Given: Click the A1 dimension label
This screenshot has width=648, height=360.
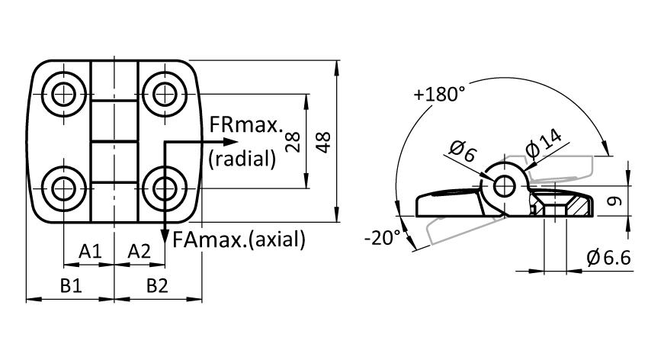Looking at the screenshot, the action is click(x=90, y=251).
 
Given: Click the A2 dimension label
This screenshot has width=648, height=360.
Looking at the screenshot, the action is click(x=140, y=251).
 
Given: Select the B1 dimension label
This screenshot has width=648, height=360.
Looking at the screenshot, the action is click(x=71, y=285).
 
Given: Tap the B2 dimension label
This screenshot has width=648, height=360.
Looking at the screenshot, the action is click(x=158, y=285).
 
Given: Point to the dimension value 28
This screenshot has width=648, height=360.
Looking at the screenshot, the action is click(x=293, y=142).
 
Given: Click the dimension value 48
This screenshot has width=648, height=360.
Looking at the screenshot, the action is click(x=323, y=142).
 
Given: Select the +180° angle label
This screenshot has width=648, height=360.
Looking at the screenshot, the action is click(x=439, y=95).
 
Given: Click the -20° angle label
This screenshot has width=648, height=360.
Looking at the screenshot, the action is click(x=383, y=238).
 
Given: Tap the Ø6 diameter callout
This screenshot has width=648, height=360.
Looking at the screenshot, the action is click(x=463, y=151).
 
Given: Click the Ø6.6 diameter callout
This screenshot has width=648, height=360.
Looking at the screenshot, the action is click(x=609, y=258).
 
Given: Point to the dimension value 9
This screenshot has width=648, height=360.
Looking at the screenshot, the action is click(x=615, y=201).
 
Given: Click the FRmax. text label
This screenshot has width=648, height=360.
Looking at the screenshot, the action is click(x=246, y=124).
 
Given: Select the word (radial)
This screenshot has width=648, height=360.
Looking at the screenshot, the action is click(x=242, y=159).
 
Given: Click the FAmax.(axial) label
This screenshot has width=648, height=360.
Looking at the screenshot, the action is click(x=239, y=239).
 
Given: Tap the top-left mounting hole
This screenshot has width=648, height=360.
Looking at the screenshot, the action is click(x=64, y=95).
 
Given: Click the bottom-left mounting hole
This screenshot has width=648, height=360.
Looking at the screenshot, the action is click(x=64, y=188).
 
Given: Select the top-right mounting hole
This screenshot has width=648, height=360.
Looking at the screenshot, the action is click(x=165, y=95).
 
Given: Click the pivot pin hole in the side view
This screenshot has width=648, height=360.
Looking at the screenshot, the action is click(x=504, y=185).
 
